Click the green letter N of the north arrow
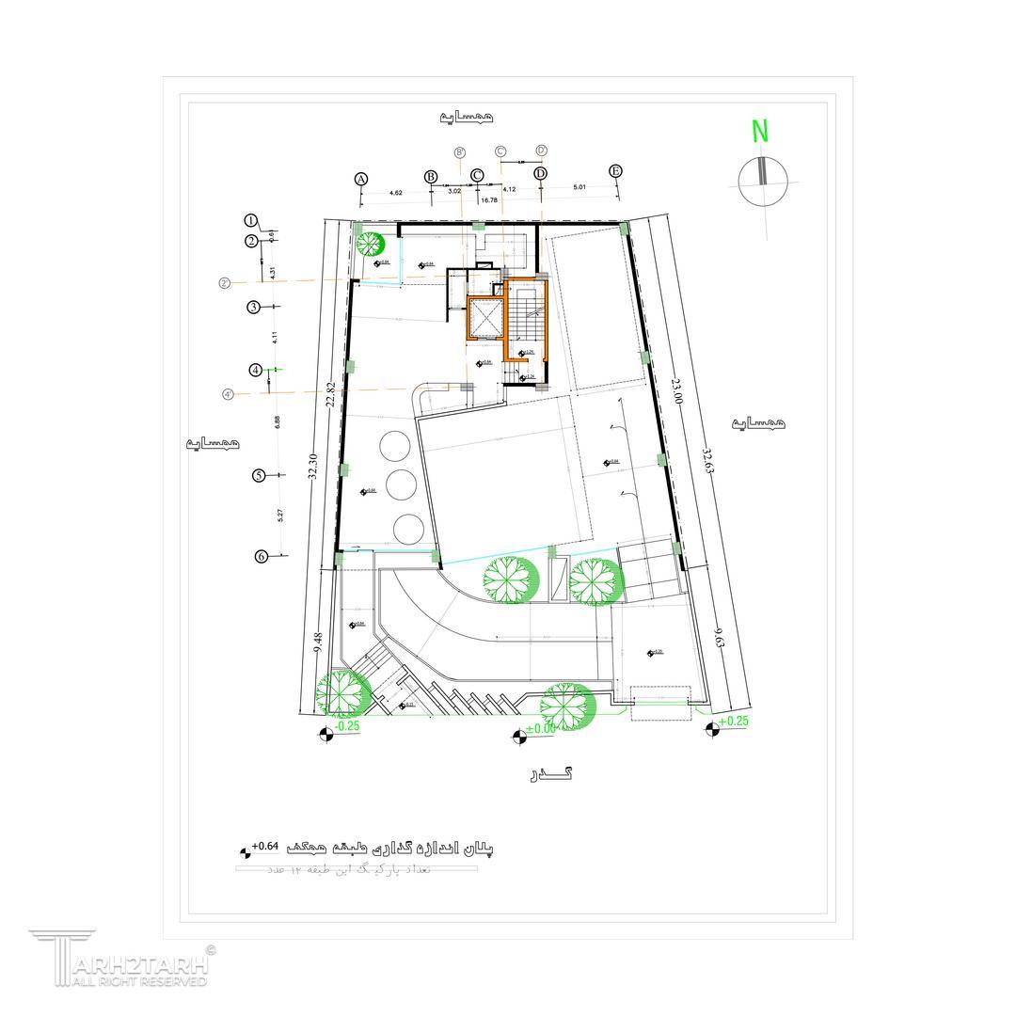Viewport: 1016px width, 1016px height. click(760, 131)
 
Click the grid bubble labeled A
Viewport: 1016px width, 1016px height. click(360, 179)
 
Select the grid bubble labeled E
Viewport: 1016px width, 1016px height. click(615, 170)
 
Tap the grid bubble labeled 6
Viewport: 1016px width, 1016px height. click(262, 556)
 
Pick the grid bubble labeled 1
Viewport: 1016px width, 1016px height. click(251, 220)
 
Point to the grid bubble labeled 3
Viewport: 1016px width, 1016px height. click(254, 307)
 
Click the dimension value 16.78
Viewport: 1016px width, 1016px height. click(488, 200)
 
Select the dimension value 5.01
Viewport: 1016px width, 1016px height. click(579, 188)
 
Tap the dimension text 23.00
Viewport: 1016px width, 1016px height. click(677, 390)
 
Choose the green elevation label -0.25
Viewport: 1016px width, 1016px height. click(347, 726)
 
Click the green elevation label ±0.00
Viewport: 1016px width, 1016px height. click(540, 729)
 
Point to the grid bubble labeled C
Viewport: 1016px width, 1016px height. click(477, 175)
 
